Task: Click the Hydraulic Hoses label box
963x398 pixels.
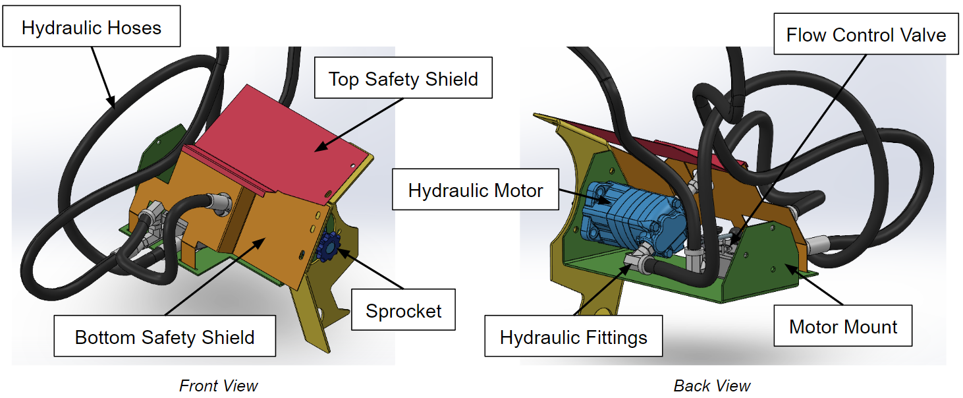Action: point(92,27)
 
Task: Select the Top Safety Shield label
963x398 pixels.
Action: point(403,80)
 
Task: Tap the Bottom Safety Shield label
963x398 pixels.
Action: point(165,337)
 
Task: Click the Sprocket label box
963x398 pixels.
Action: point(403,310)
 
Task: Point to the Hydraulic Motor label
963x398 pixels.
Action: point(476,190)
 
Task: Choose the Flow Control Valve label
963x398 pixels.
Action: point(866,35)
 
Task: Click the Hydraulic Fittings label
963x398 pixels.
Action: point(573,338)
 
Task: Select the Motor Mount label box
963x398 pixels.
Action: point(842,326)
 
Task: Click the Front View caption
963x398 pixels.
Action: point(218,385)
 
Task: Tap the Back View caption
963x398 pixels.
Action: point(711,385)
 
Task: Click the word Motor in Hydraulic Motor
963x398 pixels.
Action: point(518,190)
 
